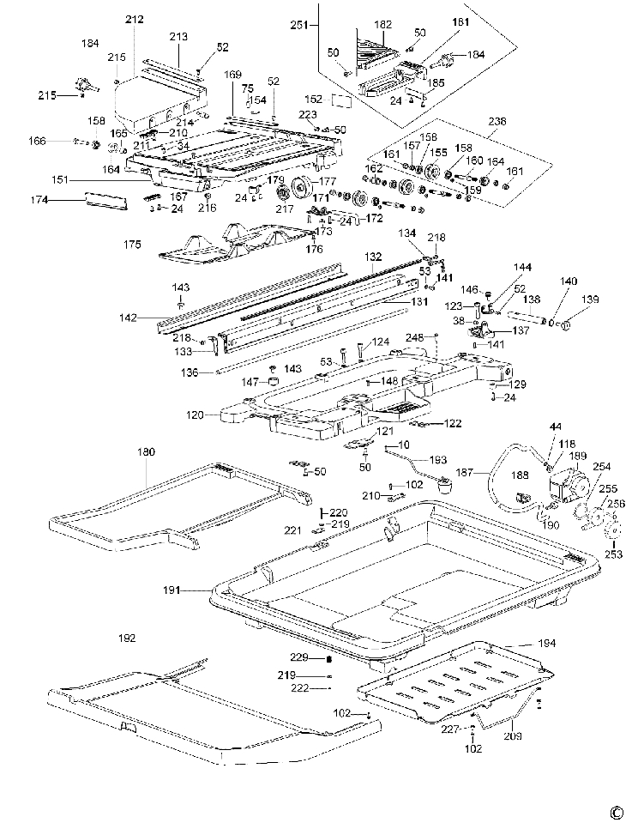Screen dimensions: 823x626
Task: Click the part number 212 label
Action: [135, 19]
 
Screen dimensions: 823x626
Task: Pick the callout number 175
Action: [132, 245]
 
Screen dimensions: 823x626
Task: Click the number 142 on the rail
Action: [128, 318]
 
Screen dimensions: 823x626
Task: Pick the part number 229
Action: [298, 657]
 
